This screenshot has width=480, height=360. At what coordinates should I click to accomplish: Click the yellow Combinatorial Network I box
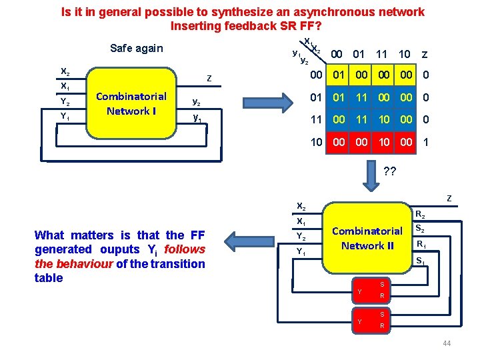131,103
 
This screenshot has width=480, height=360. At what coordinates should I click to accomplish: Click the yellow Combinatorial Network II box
367,238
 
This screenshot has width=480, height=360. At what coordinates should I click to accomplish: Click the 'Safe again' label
136,48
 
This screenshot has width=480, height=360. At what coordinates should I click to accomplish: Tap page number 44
446,343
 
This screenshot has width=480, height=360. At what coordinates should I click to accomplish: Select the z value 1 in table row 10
425,143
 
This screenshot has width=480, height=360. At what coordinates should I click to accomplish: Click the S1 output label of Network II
421,261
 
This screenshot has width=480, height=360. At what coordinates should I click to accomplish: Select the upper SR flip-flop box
371,290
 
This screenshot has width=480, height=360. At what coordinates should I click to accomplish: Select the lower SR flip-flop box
371,321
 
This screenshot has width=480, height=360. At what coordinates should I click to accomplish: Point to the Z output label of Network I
209,79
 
